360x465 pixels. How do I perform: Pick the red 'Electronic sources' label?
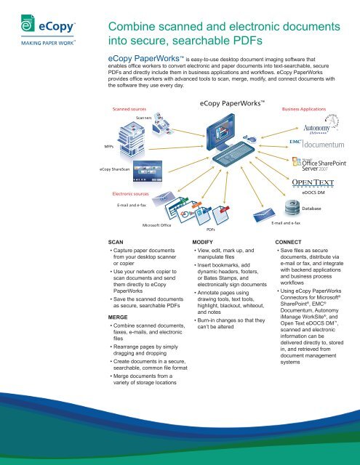(x=131, y=195)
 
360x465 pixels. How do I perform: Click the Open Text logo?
(x=313, y=182)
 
